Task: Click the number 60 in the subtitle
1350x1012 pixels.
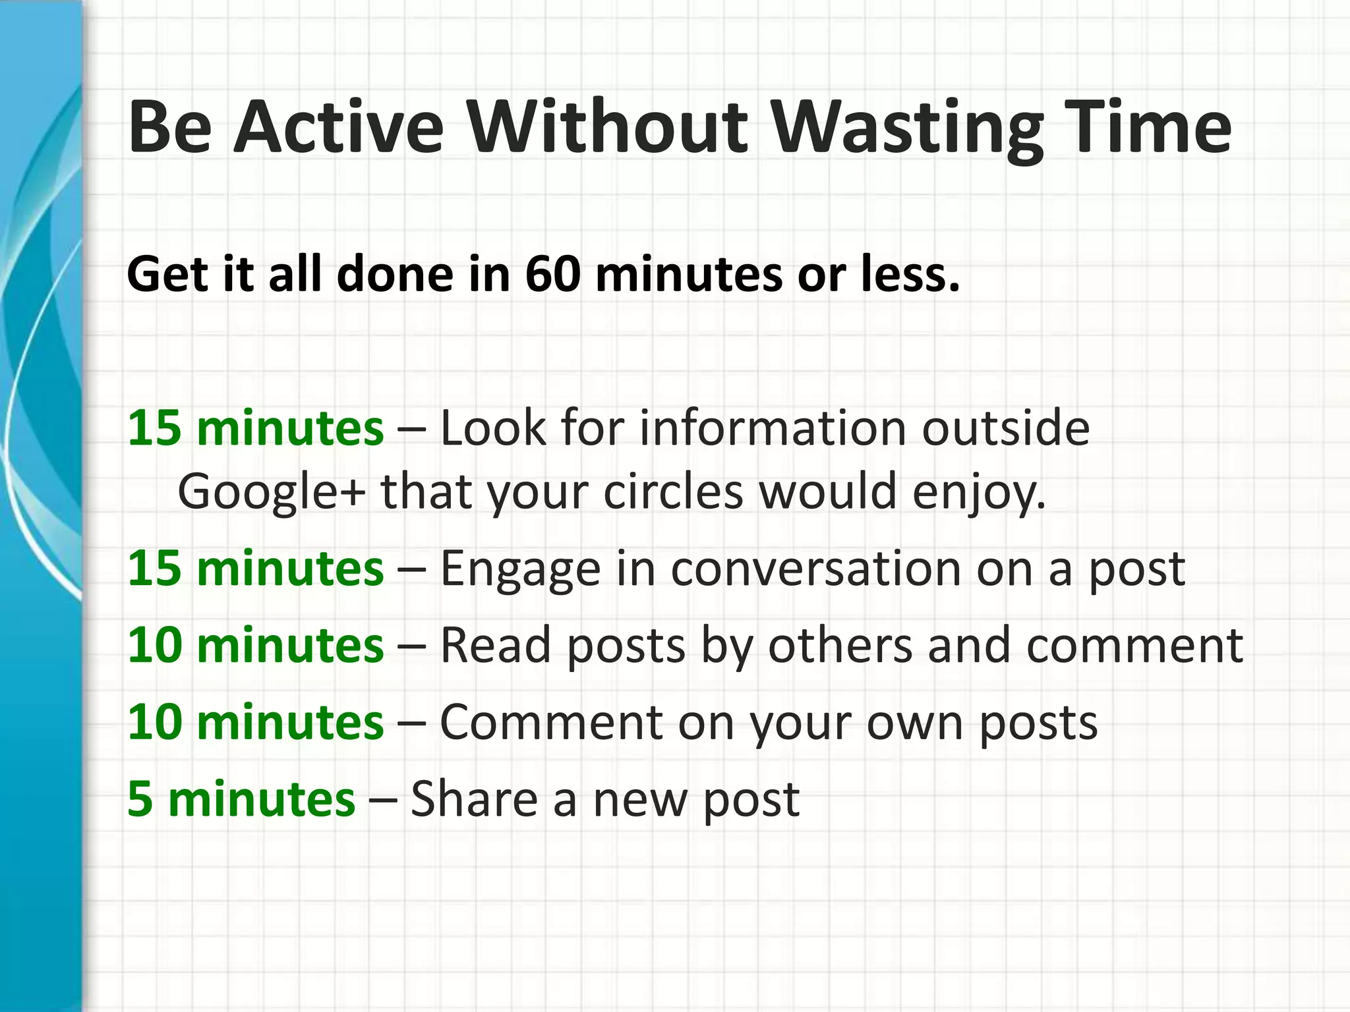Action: coord(553,274)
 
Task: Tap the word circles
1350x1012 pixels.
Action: coord(673,492)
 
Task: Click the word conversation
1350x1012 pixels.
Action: coord(815,569)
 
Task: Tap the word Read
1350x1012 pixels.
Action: coord(495,645)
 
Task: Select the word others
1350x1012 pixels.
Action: coord(840,645)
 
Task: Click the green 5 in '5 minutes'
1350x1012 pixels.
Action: coord(140,799)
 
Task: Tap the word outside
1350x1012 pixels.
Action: coord(1005,428)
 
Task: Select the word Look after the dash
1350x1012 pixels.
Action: coord(493,428)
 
